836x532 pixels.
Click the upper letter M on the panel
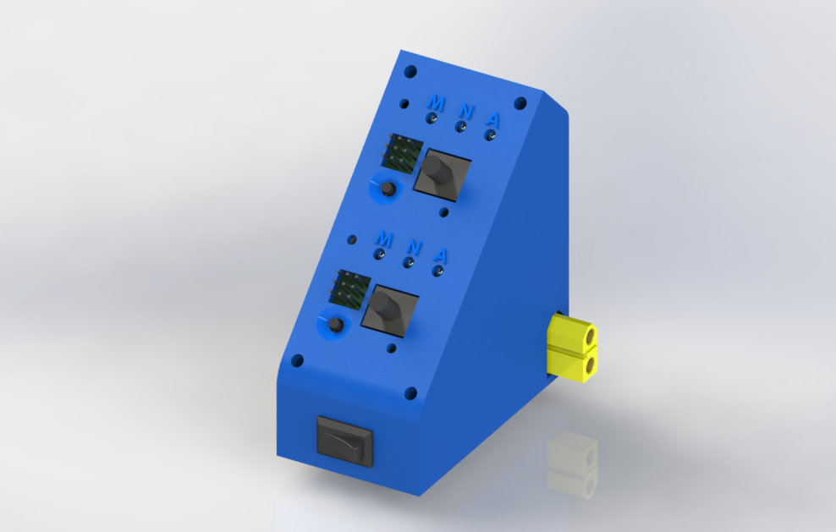(x=436, y=102)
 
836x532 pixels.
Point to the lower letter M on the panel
(x=383, y=239)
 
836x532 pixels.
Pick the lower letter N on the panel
(x=414, y=247)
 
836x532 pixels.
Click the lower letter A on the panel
(x=441, y=255)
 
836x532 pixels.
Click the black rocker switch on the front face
(x=344, y=440)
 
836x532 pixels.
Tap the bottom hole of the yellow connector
(x=584, y=364)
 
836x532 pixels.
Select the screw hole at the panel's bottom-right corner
(x=410, y=393)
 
